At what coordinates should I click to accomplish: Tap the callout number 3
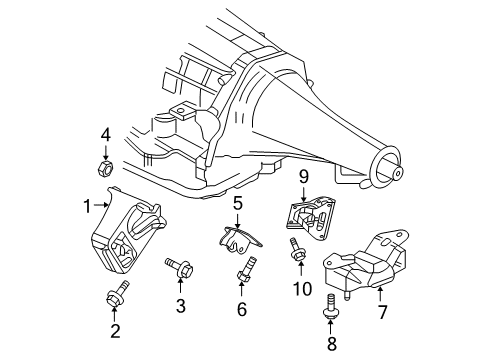[x=180, y=305]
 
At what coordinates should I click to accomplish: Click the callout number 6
[x=241, y=309]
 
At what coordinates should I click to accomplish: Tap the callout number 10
[x=297, y=289]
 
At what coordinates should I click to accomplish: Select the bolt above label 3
[x=184, y=267]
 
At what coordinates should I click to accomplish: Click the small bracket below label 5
[x=236, y=240]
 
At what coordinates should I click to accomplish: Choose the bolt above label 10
[x=296, y=252]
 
